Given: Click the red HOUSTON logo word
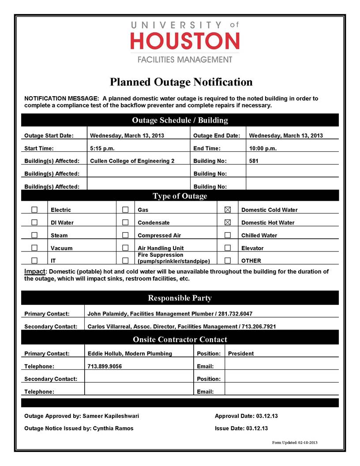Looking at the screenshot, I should click(185, 41).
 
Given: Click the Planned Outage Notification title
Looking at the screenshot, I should click(181, 82).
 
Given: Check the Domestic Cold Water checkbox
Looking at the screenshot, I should click(228, 210).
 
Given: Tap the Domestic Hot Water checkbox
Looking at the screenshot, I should click(228, 222).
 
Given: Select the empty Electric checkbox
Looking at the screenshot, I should click(34, 210).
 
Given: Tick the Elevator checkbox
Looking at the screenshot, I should click(228, 248).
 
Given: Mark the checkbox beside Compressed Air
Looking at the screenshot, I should click(125, 235).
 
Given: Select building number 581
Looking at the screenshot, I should click(254, 161).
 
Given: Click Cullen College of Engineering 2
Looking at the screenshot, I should click(132, 161).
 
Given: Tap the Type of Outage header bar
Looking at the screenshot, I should click(180, 196).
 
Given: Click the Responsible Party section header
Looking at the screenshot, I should click(180, 298).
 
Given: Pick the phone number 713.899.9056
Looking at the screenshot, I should click(105, 366).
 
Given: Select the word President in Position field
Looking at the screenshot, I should click(241, 353).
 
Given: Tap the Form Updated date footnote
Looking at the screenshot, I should click(295, 443).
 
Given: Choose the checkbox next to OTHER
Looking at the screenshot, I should click(228, 260).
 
